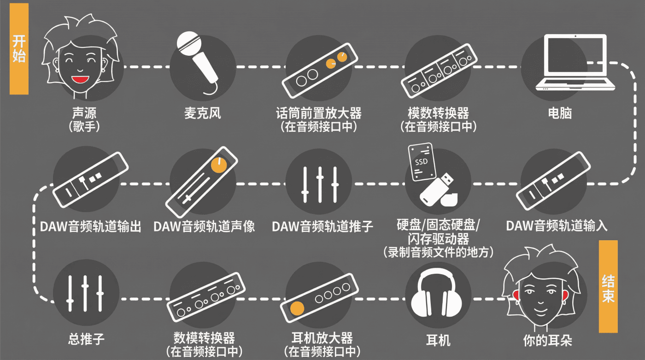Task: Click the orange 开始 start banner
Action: click(x=19, y=49)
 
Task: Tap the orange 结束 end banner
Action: click(x=609, y=286)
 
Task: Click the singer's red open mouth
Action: click(x=80, y=79)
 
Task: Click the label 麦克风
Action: click(x=203, y=113)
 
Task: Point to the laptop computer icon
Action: click(x=575, y=63)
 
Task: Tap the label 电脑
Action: click(x=560, y=113)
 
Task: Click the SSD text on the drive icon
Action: click(x=421, y=162)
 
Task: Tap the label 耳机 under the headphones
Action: click(x=438, y=340)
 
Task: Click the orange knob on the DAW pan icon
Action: click(x=219, y=165)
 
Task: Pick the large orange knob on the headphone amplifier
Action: click(x=297, y=308)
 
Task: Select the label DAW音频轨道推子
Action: click(x=322, y=226)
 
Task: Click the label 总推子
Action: click(x=86, y=339)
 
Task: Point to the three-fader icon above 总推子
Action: click(x=85, y=293)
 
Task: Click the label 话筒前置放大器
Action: click(x=319, y=113)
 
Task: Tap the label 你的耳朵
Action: click(x=547, y=340)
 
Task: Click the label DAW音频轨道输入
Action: click(x=557, y=226)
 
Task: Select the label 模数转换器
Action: click(x=438, y=113)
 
